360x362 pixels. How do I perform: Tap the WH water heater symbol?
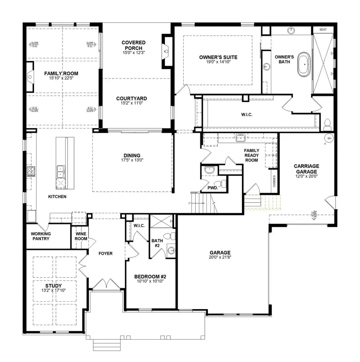click(x=330, y=138)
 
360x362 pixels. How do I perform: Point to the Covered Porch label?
click(x=133, y=45)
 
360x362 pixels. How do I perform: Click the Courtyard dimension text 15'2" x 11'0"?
click(x=132, y=103)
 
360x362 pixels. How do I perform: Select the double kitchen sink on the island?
click(x=61, y=172)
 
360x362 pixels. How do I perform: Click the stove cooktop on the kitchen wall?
click(x=30, y=172)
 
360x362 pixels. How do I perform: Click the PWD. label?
click(x=212, y=188)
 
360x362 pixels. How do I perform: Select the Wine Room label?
click(x=81, y=236)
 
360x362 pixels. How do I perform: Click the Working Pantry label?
click(x=40, y=236)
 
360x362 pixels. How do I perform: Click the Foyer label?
click(x=106, y=254)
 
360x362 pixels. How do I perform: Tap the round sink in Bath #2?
click(x=172, y=251)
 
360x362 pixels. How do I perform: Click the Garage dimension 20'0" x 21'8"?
click(x=220, y=258)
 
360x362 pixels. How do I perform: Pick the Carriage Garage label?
click(x=306, y=168)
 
